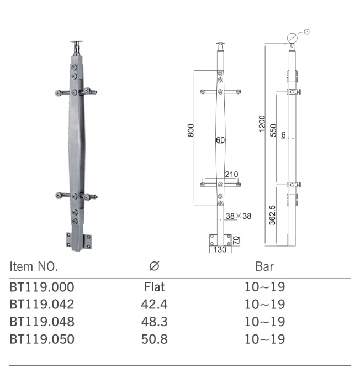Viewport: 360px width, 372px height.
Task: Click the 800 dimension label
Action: tap(190, 130)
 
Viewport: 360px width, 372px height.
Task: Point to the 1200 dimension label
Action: tap(262, 123)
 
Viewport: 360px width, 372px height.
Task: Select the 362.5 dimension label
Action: tap(273, 214)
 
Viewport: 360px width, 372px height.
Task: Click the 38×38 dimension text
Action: tap(239, 216)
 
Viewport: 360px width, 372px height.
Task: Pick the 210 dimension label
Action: tap(231, 175)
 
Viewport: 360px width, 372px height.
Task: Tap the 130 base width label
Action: tap(220, 250)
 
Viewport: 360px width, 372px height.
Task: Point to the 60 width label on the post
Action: tap(220, 140)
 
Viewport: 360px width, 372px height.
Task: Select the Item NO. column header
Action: tap(34, 266)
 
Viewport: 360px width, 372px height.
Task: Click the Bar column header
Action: tap(264, 266)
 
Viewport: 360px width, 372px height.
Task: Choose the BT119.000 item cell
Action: tap(41, 287)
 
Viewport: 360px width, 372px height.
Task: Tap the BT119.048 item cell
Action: tap(41, 322)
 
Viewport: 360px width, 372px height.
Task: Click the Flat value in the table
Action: tap(154, 287)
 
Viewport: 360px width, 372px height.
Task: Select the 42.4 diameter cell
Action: tap(154, 305)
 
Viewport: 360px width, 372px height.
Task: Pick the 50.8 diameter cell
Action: tap(154, 339)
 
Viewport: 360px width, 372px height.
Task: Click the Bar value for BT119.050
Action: tap(264, 339)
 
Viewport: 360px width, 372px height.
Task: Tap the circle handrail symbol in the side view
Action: tap(292, 38)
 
